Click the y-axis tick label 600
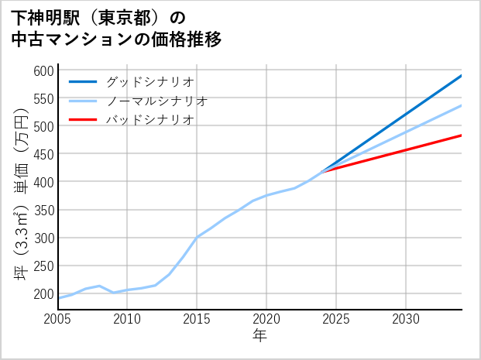tap(43, 70)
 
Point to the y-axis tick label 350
tap(43, 210)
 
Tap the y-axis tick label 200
tap(43, 294)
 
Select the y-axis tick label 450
tap(43, 154)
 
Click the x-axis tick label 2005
tap(58, 319)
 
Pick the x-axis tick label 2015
tap(197, 319)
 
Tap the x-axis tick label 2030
tap(406, 319)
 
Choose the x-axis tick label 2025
tap(336, 319)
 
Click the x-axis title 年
tap(259, 336)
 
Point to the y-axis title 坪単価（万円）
tap(21, 194)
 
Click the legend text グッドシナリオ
tap(149, 81)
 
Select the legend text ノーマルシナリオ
tap(156, 101)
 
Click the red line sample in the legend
tap(84, 120)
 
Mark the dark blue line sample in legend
tap(84, 81)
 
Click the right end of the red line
tap(461, 135)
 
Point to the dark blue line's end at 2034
tap(461, 76)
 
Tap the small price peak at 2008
tap(100, 286)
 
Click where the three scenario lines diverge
tap(323, 170)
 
